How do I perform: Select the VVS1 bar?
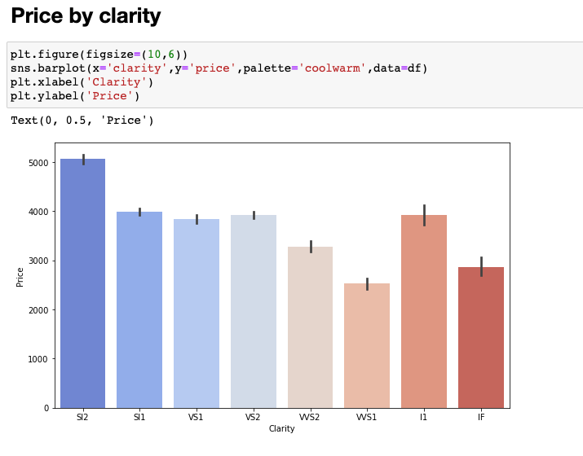coord(367,345)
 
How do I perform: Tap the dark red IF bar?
coord(481,337)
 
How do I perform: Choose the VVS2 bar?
coord(310,327)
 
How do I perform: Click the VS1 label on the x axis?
coord(197,417)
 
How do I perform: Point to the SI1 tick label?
coord(139,417)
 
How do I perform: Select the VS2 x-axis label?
coord(253,417)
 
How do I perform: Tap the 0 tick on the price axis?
coord(47,408)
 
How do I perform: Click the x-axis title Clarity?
coord(281,429)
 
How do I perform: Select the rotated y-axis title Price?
coord(20,275)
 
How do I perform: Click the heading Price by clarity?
coord(86,16)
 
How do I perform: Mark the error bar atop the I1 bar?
coord(424,215)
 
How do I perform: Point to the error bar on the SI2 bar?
coord(83,159)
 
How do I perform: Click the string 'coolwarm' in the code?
coord(333,68)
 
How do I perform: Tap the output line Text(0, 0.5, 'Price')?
coord(82,121)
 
